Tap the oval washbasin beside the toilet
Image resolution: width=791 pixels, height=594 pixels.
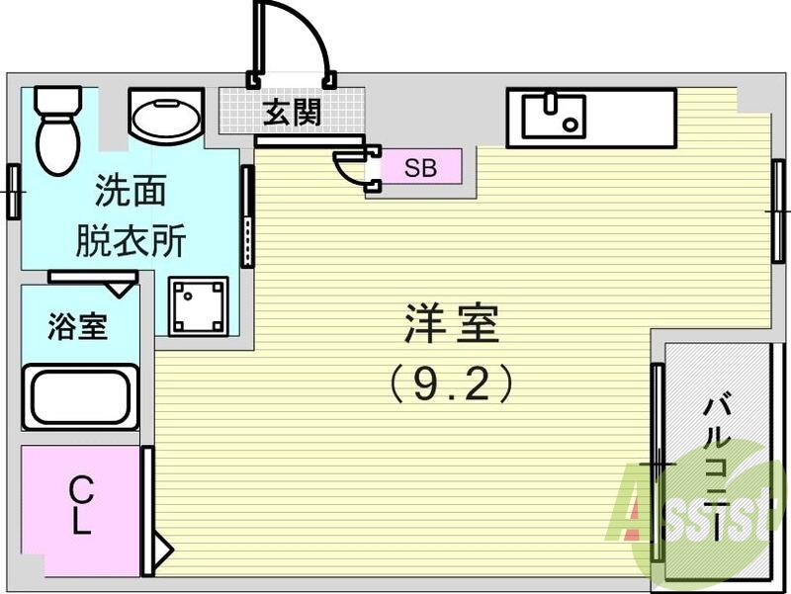coord(166,119)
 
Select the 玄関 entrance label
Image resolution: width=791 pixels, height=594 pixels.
coord(292,112)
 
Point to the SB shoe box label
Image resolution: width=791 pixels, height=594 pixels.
coord(421,167)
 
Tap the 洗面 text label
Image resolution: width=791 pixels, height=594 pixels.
coord(130,188)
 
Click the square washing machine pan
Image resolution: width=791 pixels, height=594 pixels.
coord(198,306)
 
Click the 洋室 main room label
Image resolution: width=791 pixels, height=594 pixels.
coord(450,323)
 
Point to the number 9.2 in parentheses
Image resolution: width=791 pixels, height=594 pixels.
coord(450,382)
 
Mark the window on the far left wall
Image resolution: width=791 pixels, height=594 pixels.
coord(13,191)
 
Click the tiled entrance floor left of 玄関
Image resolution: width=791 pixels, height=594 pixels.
coord(238,112)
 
